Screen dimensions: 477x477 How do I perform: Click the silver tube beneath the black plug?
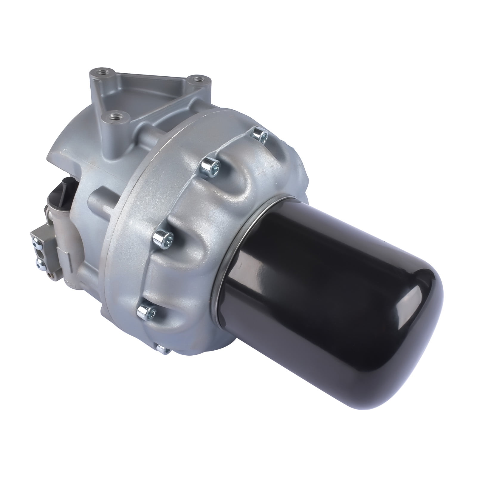tap(55, 221)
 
